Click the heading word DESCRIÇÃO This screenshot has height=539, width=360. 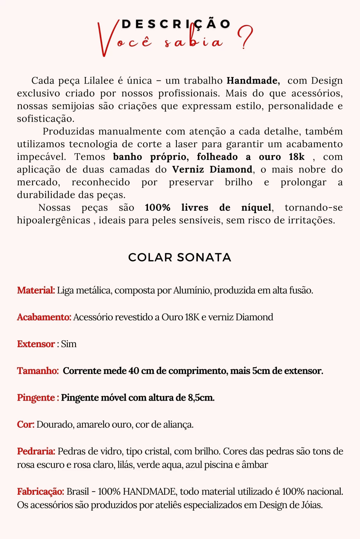point(176,24)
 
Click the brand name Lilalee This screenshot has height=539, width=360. point(99,81)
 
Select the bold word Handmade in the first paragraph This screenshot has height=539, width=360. point(253,81)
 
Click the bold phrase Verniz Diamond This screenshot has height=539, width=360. point(212,169)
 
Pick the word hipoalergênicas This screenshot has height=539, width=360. point(54,220)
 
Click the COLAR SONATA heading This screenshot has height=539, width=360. point(180,257)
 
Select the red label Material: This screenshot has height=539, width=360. point(36,290)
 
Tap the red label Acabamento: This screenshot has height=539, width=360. point(44,317)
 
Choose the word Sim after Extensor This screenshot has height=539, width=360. point(69,344)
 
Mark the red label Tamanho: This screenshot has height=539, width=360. point(38,371)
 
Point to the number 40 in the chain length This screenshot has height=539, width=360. point(134,371)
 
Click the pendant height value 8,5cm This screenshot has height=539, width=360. point(201,397)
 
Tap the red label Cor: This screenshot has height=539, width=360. point(26,424)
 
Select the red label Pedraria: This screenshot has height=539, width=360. point(36,451)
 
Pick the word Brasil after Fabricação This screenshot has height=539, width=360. point(77,491)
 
